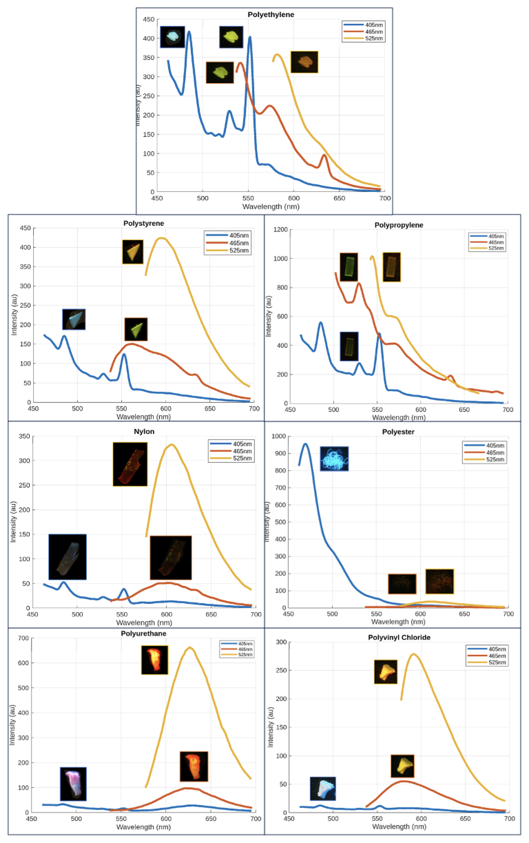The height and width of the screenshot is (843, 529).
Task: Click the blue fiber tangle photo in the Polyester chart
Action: pyautogui.click(x=334, y=459)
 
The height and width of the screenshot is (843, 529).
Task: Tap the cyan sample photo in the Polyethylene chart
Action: pyautogui.click(x=172, y=37)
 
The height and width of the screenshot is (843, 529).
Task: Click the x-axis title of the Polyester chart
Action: pyautogui.click(x=398, y=622)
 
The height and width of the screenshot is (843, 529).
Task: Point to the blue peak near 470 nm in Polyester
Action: pyautogui.click(x=305, y=444)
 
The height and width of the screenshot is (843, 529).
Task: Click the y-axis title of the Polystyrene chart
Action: pyautogui.click(x=14, y=315)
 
